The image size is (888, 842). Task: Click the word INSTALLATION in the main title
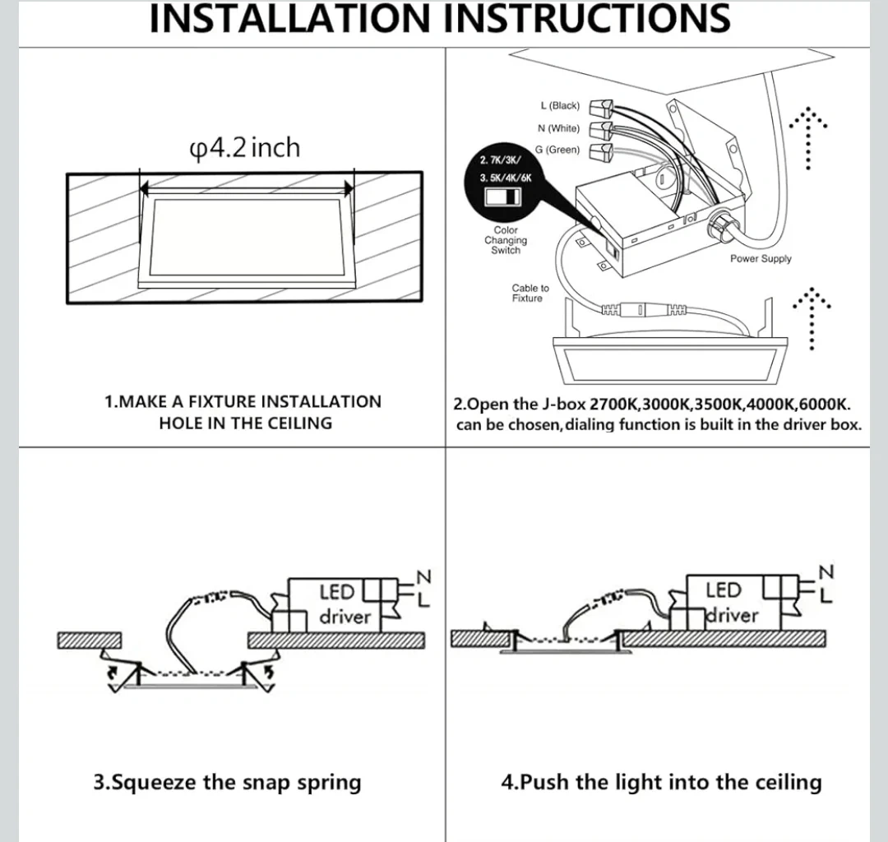(x=292, y=18)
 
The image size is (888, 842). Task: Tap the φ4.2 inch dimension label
(x=245, y=149)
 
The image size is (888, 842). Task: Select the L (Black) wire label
(x=560, y=106)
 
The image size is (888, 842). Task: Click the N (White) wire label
(x=558, y=128)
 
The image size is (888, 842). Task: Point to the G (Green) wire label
(x=557, y=150)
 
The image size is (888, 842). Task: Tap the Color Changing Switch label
(x=506, y=241)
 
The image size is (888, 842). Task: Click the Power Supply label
(x=761, y=259)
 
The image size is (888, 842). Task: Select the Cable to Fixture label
(x=530, y=294)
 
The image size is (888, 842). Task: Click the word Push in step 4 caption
(x=547, y=782)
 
